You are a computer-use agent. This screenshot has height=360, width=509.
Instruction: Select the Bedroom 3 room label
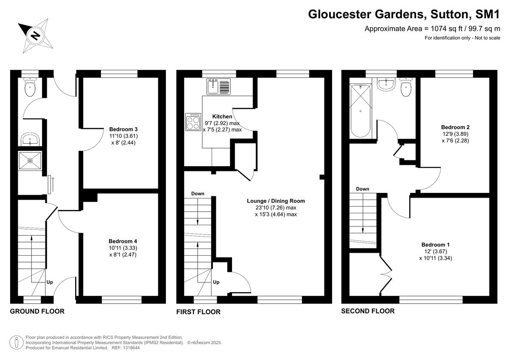click(123, 129)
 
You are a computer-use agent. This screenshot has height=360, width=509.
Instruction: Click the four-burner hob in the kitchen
click(193, 122)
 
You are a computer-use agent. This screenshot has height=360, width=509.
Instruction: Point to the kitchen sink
click(218, 87)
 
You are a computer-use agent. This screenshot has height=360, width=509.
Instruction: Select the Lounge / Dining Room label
click(276, 201)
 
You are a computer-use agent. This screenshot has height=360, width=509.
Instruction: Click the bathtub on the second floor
click(360, 111)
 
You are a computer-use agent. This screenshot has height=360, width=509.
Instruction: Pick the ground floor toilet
click(30, 87)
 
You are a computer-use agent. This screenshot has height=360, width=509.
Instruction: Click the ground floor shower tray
click(30, 161)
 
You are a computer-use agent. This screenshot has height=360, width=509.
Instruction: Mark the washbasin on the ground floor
click(30, 139)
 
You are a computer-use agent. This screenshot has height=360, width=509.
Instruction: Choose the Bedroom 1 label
click(435, 245)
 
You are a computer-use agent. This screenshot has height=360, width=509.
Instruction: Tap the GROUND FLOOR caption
click(37, 311)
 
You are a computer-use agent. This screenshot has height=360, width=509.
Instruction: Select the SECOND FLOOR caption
click(368, 311)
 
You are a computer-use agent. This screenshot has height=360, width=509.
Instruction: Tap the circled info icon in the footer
click(16, 341)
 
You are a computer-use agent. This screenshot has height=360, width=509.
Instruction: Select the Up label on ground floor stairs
click(50, 282)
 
